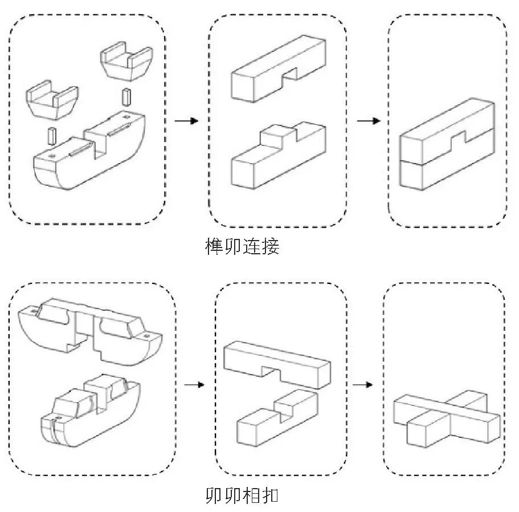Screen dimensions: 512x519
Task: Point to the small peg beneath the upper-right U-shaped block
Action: pyautogui.click(x=126, y=96)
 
